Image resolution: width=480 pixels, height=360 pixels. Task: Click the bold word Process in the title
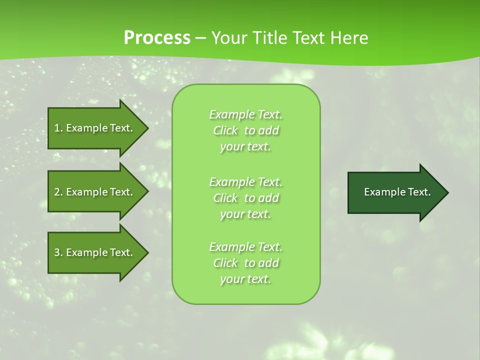coord(157,38)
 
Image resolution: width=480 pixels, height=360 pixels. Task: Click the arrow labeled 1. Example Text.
coord(93,128)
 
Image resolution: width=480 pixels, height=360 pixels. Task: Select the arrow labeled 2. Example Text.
coord(93,192)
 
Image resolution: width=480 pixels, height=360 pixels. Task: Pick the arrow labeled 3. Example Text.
coord(93,252)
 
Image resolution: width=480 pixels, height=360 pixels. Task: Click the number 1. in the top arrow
coord(58,128)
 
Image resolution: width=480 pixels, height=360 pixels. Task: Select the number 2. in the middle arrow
coord(58,192)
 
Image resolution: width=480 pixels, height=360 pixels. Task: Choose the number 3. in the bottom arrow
coord(58,252)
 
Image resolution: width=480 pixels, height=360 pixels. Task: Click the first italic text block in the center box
coord(245,130)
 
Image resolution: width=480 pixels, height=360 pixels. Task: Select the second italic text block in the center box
coord(245,198)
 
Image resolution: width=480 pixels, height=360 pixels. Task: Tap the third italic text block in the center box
coord(245,263)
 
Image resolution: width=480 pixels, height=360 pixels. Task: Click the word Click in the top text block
coord(225,130)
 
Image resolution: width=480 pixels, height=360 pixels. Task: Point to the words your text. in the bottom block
coord(245,279)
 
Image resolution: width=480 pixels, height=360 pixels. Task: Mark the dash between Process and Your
coord(200,38)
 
